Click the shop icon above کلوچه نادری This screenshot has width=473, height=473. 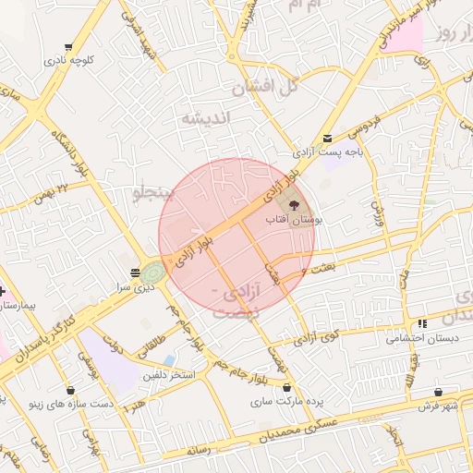tap(68, 47)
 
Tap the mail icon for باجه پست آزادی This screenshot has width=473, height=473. tap(328, 137)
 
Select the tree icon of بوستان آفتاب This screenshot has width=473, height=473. tap(294, 204)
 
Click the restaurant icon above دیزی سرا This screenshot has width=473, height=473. tap(136, 272)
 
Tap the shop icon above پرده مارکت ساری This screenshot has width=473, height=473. tap(287, 387)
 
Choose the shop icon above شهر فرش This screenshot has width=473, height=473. tap(450, 392)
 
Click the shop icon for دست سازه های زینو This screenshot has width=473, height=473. tap(70, 390)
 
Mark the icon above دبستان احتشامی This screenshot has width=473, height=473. tap(422, 323)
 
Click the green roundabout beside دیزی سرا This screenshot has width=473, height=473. tap(152, 273)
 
